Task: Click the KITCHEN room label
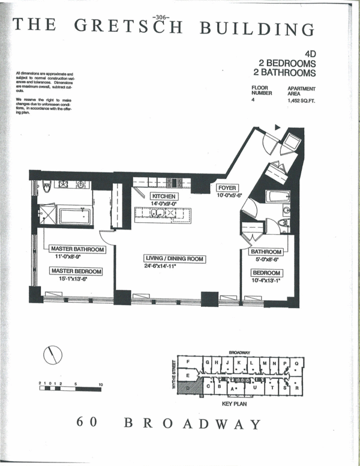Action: [x=163, y=196]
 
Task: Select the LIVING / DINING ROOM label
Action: [x=175, y=259]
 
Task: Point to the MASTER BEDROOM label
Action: [x=75, y=271]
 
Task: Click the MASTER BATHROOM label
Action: [x=77, y=249]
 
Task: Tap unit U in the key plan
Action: [x=254, y=389]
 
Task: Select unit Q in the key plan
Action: [x=296, y=363]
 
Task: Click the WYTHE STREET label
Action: [x=175, y=375]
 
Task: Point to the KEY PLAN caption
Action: [x=235, y=404]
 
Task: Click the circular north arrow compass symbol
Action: [x=53, y=356]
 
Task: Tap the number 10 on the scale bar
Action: [x=100, y=383]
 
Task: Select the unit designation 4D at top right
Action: [x=310, y=53]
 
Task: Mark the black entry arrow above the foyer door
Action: [x=277, y=127]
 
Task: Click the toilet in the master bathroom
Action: [x=47, y=187]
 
